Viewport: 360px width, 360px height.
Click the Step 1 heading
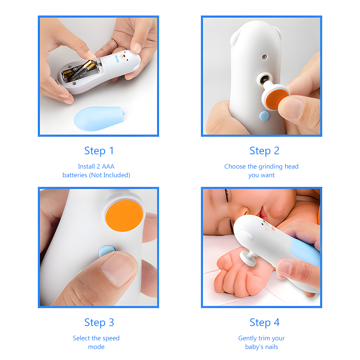point(99,151)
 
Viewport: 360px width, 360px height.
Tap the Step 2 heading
point(264,151)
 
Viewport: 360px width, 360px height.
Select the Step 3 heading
point(99,323)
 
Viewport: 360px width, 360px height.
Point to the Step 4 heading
point(264,323)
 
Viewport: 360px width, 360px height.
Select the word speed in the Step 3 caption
point(111,338)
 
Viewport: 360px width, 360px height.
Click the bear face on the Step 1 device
point(125,58)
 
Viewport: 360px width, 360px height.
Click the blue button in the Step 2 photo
point(264,116)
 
